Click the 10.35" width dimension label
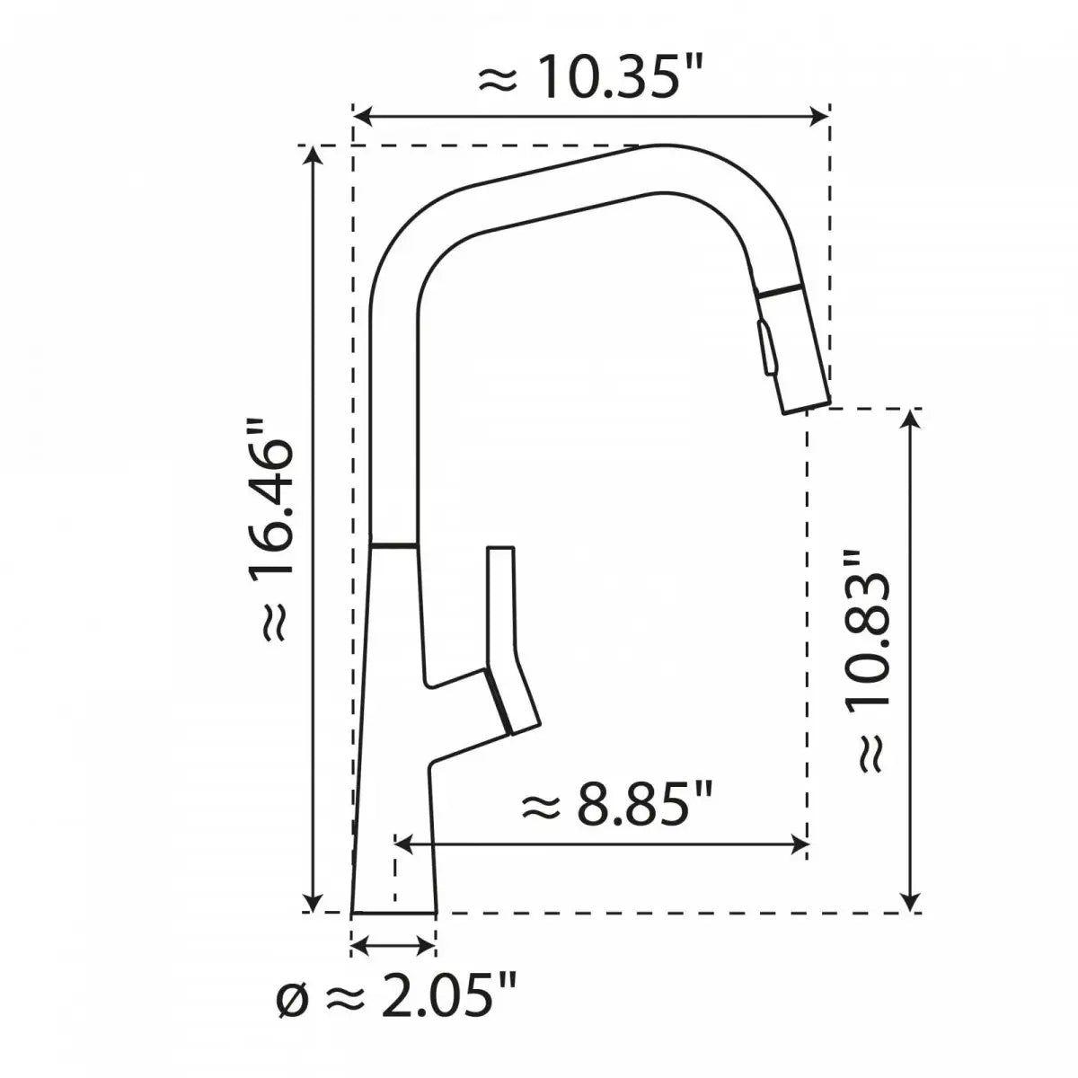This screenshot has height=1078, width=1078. (x=588, y=79)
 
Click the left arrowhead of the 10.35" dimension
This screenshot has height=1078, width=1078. (x=362, y=116)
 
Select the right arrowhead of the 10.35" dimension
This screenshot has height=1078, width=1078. (x=819, y=116)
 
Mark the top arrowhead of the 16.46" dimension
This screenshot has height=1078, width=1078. (x=313, y=155)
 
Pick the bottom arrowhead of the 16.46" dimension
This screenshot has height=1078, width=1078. (x=313, y=901)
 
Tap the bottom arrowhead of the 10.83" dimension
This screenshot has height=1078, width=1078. (x=912, y=901)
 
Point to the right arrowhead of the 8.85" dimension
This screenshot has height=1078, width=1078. (x=799, y=843)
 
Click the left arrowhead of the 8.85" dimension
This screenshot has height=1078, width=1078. (x=404, y=843)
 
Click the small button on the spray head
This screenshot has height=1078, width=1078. (x=765, y=348)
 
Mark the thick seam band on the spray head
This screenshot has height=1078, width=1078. (x=779, y=292)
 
